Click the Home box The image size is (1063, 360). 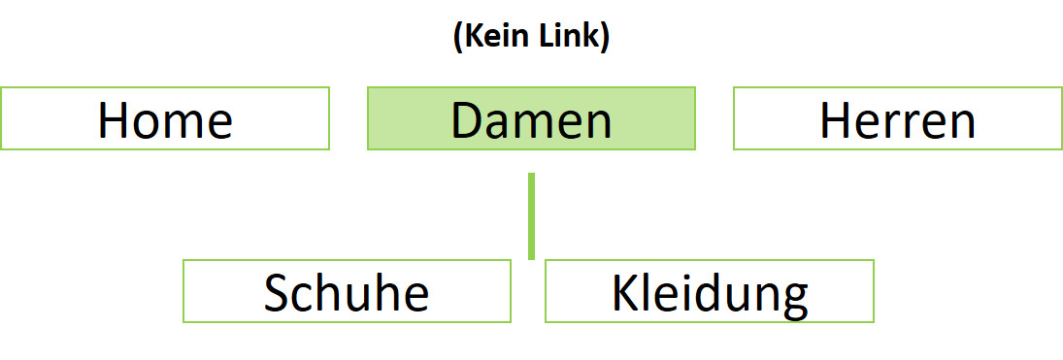165,118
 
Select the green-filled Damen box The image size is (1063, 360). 531,118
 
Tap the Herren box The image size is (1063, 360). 897,118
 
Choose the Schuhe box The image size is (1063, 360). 347,291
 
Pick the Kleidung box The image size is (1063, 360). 710,291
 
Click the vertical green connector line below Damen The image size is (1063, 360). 531,215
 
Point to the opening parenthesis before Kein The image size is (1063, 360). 457,40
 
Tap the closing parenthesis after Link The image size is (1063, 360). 605,40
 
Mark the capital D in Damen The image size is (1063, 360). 468,120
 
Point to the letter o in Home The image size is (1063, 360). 147,124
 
